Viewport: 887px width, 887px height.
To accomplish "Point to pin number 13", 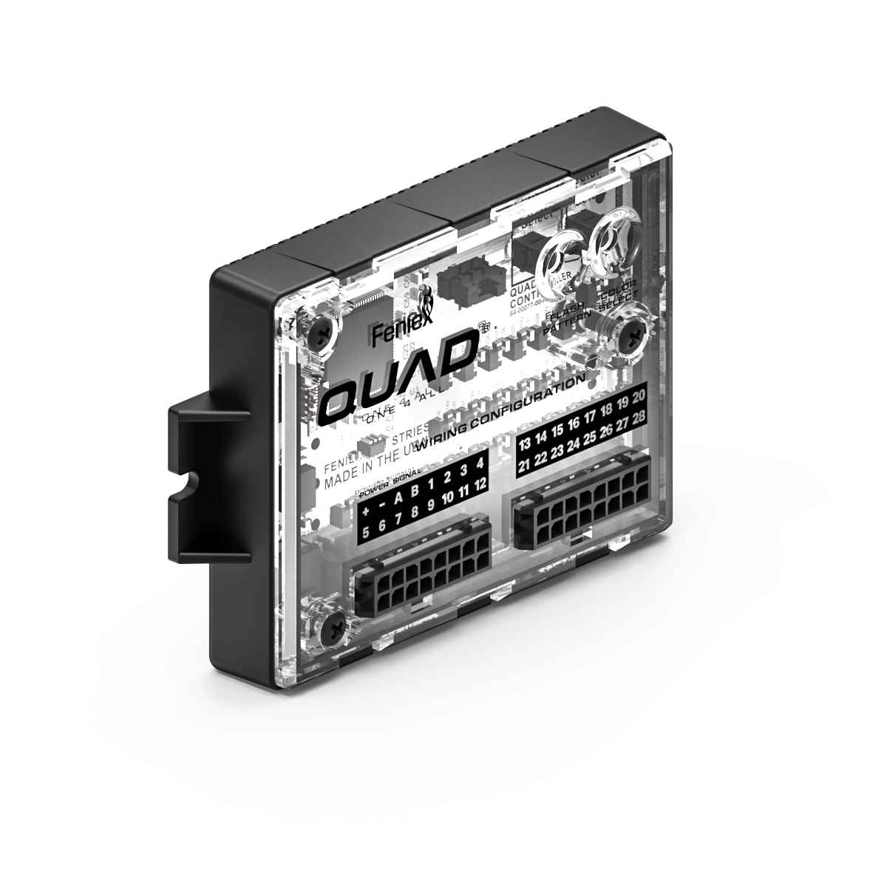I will (525, 444).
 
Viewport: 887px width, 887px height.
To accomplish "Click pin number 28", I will (640, 416).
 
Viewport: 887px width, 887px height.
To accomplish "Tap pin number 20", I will (640, 392).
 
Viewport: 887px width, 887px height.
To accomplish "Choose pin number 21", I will (525, 466).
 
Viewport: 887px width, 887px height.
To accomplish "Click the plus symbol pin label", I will (366, 511).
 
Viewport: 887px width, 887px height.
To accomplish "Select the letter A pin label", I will (398, 498).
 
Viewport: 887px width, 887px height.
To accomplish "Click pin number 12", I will (481, 484).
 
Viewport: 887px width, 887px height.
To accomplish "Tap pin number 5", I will (365, 531).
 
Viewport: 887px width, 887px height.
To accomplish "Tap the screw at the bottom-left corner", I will (332, 629).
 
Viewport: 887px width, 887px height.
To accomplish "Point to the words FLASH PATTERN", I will (563, 319).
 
